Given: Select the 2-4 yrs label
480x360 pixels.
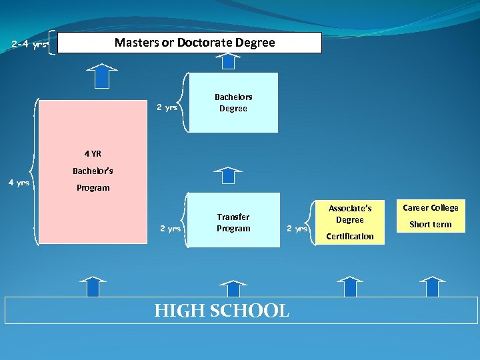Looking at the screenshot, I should [x=29, y=45].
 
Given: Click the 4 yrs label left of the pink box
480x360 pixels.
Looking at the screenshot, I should [x=18, y=183].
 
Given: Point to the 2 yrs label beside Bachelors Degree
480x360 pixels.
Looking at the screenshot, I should [x=167, y=107].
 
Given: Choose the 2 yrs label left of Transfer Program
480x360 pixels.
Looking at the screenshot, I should [x=170, y=229].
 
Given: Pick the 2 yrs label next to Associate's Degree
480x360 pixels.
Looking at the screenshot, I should [x=297, y=229].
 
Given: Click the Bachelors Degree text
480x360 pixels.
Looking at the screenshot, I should [x=233, y=103].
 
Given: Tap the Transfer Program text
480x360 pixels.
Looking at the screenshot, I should [x=233, y=223].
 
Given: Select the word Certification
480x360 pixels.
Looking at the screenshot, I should [x=350, y=237].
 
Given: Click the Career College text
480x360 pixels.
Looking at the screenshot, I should [x=431, y=208].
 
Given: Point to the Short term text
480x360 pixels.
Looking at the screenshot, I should [x=431, y=225].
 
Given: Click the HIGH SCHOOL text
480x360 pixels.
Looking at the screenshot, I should [x=222, y=311].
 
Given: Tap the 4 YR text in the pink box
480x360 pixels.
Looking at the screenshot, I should [x=93, y=154].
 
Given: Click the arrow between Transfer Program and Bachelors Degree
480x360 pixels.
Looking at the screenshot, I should [x=229, y=174].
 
